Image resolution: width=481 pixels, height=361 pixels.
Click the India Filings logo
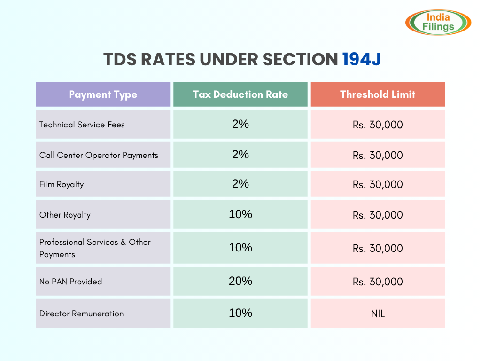(x=438, y=22)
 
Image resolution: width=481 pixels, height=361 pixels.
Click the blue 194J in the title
(x=362, y=60)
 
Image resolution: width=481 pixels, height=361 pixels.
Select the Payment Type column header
(x=103, y=94)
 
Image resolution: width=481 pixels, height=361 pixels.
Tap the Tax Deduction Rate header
(x=240, y=94)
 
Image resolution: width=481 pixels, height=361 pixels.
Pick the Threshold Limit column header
(x=378, y=94)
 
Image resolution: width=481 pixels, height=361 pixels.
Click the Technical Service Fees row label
(x=82, y=125)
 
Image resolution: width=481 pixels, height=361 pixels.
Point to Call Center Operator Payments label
(x=99, y=155)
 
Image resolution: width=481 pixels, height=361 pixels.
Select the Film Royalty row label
(x=62, y=184)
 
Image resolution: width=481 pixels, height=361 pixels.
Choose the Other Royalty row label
(x=65, y=215)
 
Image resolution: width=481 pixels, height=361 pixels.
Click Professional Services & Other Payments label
(x=95, y=248)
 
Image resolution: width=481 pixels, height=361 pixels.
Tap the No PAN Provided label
(x=70, y=282)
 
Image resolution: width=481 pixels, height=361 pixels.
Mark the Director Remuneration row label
(x=82, y=314)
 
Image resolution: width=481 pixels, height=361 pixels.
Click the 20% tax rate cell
(x=240, y=281)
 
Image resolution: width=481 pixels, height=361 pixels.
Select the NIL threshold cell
(x=378, y=314)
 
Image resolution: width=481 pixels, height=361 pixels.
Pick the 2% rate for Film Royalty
(x=240, y=184)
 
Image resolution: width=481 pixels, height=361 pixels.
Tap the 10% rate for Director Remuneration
(x=240, y=313)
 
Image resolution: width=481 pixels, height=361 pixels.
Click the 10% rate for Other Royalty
(x=240, y=214)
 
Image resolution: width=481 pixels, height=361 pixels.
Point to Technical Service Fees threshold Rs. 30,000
(x=378, y=125)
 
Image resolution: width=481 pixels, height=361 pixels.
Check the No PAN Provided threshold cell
(x=378, y=282)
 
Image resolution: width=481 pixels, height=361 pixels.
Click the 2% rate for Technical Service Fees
(x=240, y=125)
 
